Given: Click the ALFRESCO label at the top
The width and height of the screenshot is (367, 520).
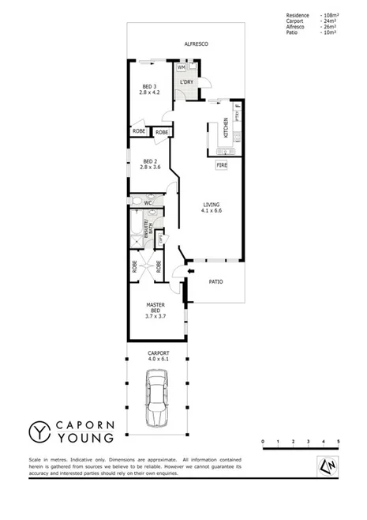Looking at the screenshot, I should (x=196, y=44).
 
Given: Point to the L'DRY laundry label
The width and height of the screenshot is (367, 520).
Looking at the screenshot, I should (x=187, y=82).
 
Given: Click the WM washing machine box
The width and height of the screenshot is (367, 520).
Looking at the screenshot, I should (x=181, y=68).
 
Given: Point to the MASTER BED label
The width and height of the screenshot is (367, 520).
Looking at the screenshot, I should (x=155, y=311).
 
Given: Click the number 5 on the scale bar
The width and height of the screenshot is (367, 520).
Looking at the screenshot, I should (x=339, y=441).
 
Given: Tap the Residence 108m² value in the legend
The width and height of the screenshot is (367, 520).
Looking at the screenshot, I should (x=329, y=15).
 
